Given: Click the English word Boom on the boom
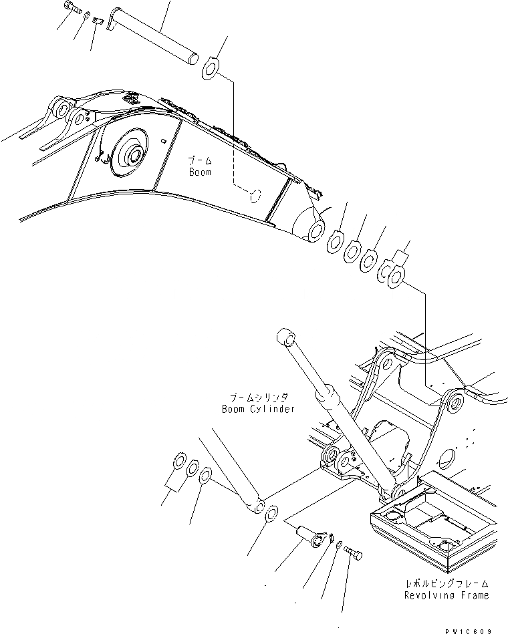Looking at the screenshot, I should tap(199, 172).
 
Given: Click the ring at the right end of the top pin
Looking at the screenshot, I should tap(210, 67).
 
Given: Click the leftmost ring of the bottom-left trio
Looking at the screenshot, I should tap(178, 460).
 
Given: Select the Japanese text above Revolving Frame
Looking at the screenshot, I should tap(447, 583).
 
